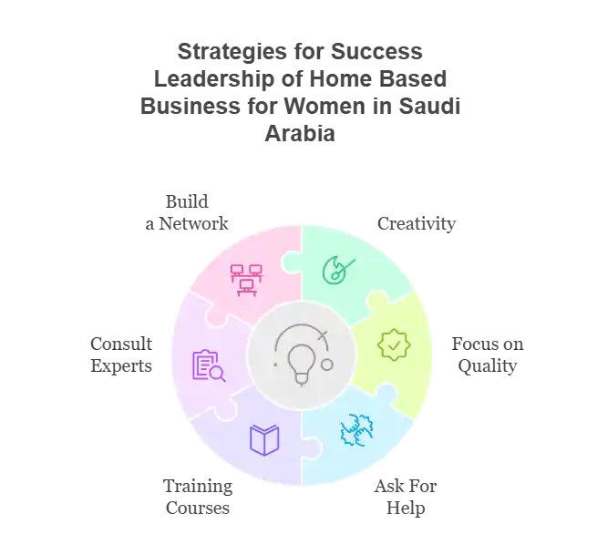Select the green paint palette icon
coord(337,268)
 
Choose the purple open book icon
coord(263,440)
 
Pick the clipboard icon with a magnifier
coord(207,365)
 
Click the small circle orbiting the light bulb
coord(327,365)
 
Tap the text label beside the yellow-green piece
coord(483,355)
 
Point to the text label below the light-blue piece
coord(406,498)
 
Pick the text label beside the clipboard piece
coord(119,354)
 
